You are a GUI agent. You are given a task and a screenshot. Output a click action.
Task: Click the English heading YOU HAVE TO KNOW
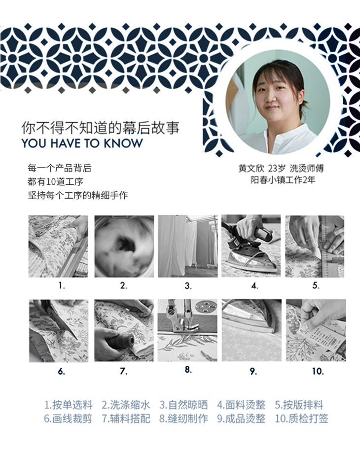[x=82, y=143]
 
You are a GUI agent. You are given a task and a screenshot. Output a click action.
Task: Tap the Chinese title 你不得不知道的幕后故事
[x=101, y=128]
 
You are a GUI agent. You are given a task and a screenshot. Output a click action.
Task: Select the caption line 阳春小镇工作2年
[x=283, y=180]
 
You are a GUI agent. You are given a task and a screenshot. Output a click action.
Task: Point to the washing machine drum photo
[x=124, y=246]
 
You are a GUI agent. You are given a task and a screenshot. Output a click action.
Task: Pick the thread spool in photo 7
[x=120, y=341]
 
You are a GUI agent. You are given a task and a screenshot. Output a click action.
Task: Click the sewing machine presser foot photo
[x=187, y=330]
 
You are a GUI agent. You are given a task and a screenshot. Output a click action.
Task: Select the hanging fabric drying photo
[x=187, y=246]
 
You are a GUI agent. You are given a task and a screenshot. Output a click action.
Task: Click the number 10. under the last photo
[x=318, y=371]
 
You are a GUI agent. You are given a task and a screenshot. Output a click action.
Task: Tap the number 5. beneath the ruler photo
[x=316, y=285]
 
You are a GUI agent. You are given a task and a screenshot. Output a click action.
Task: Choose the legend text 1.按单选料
[x=69, y=405]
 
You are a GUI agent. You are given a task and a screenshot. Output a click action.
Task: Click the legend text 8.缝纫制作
[x=183, y=418]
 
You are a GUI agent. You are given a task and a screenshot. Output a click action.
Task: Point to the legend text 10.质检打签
[x=301, y=418]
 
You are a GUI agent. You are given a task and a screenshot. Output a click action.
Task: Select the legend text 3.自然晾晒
[x=183, y=405]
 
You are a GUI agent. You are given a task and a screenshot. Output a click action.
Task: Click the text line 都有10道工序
[x=55, y=181]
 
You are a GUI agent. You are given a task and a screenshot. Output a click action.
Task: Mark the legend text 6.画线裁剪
[x=68, y=418]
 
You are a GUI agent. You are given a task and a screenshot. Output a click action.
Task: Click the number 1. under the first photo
[x=62, y=285]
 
